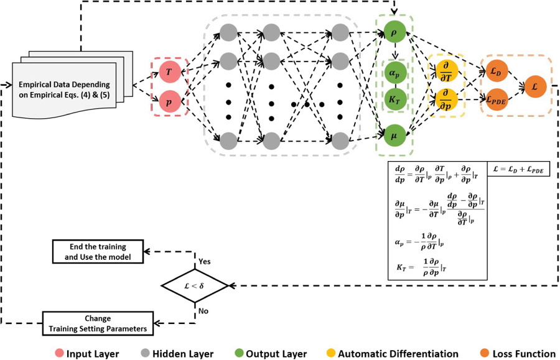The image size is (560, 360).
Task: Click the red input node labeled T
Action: [x=170, y=73]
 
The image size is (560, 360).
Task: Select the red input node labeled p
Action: [x=170, y=99]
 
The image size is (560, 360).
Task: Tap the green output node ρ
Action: [x=393, y=31]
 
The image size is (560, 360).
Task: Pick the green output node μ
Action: [x=393, y=134]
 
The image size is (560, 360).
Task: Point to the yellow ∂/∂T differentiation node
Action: [x=446, y=71]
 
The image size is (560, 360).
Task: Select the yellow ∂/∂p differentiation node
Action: [x=446, y=98]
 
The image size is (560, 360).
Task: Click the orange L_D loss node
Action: [x=496, y=71]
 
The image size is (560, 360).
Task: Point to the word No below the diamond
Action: [x=202, y=309]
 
